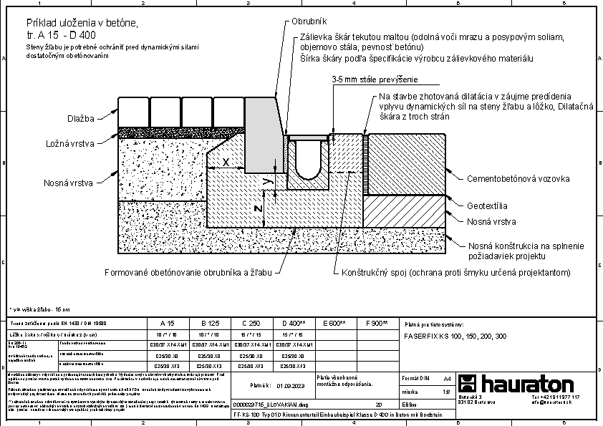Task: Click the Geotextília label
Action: click(488, 206)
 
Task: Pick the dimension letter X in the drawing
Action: click(226, 163)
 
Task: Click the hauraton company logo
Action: click(516, 384)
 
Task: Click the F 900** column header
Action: click(375, 324)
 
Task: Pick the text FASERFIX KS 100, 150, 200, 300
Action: click(455, 336)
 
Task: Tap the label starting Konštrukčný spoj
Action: click(455, 273)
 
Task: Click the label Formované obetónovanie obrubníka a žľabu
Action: click(188, 273)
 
